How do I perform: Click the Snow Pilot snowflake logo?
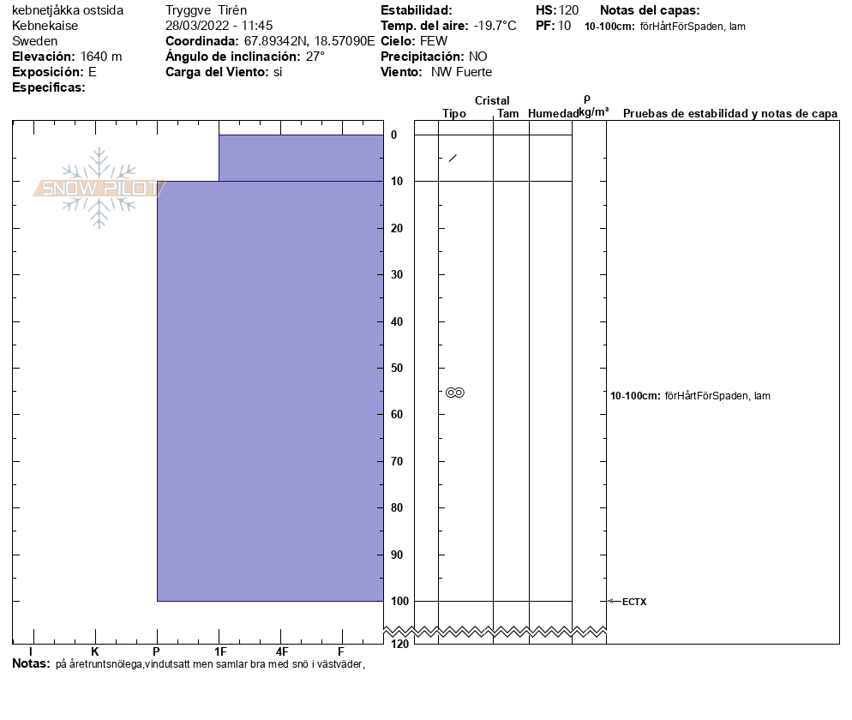tap(99, 188)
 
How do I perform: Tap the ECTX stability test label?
tap(633, 602)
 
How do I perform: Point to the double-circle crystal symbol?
tap(454, 393)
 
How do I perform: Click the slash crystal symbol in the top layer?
tap(453, 158)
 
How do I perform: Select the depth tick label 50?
tap(398, 368)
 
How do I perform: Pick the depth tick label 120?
tap(398, 644)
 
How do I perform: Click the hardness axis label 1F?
tap(219, 651)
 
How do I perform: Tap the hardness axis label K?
tap(95, 651)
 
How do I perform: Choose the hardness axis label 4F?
tap(281, 651)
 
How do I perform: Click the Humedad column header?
tap(553, 113)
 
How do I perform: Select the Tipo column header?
tap(454, 113)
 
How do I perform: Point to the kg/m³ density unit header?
tap(593, 112)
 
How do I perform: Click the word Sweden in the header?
tap(35, 41)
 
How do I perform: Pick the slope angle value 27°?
tap(315, 57)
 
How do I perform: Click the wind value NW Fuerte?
tap(461, 72)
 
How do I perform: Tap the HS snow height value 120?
tap(569, 10)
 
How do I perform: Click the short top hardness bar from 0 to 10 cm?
tap(300, 158)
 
